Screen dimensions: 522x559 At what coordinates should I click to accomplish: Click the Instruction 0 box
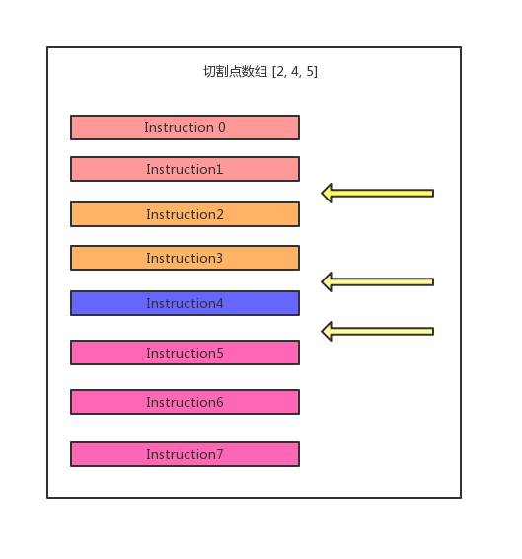185,127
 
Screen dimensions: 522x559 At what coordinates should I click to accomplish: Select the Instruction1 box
185,169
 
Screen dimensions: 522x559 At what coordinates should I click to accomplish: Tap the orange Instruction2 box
185,214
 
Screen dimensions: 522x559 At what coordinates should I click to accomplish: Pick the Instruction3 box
185,258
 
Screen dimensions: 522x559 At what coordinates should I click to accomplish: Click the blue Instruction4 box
185,303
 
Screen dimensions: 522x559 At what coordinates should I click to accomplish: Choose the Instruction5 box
185,353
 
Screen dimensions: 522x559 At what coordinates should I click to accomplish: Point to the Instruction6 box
185,402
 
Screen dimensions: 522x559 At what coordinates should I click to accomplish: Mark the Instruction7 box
185,454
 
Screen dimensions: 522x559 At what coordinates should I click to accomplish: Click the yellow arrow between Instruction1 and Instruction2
377,194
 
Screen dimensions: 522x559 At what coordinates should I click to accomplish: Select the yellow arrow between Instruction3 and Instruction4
377,282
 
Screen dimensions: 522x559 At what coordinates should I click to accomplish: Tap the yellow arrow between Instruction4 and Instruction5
377,332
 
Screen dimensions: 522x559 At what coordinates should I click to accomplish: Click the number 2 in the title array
280,72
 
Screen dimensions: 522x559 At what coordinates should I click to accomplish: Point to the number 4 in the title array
295,72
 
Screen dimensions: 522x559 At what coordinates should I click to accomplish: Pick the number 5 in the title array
310,72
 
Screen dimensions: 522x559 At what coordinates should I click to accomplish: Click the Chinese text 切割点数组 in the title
235,72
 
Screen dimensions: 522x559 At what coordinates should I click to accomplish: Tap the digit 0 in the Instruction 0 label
222,127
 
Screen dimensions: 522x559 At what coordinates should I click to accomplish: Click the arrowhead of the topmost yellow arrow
327,194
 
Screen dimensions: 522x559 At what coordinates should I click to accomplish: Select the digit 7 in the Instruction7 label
219,454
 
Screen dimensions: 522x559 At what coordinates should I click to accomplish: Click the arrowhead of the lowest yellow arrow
327,332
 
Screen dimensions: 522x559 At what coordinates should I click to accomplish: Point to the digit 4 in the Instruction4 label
219,304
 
